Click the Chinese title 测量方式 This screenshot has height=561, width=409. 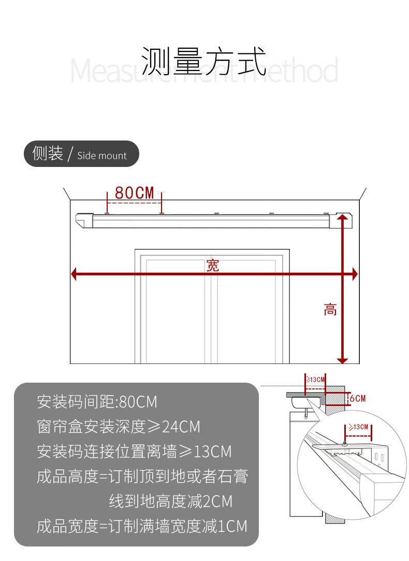point(203,61)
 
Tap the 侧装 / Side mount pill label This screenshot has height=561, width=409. point(81,154)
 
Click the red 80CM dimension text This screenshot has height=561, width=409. point(135,193)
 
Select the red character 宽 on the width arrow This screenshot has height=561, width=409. point(213,265)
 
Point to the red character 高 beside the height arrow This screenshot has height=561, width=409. point(330,310)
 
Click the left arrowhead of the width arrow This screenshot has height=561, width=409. point(74,274)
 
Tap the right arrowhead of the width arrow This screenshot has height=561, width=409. point(355,274)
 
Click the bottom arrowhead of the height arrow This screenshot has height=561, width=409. point(342,360)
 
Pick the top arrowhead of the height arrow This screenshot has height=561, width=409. point(342,218)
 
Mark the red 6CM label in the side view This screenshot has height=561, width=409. point(357,398)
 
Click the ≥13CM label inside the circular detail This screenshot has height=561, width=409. point(358,427)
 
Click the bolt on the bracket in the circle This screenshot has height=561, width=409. point(345,444)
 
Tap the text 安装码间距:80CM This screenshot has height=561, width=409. point(97,401)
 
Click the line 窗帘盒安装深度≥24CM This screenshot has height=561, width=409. point(119,427)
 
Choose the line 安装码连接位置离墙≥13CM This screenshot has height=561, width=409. point(134,451)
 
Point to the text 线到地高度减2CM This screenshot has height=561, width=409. point(170,501)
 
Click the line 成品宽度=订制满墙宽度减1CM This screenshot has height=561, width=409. point(142,526)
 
